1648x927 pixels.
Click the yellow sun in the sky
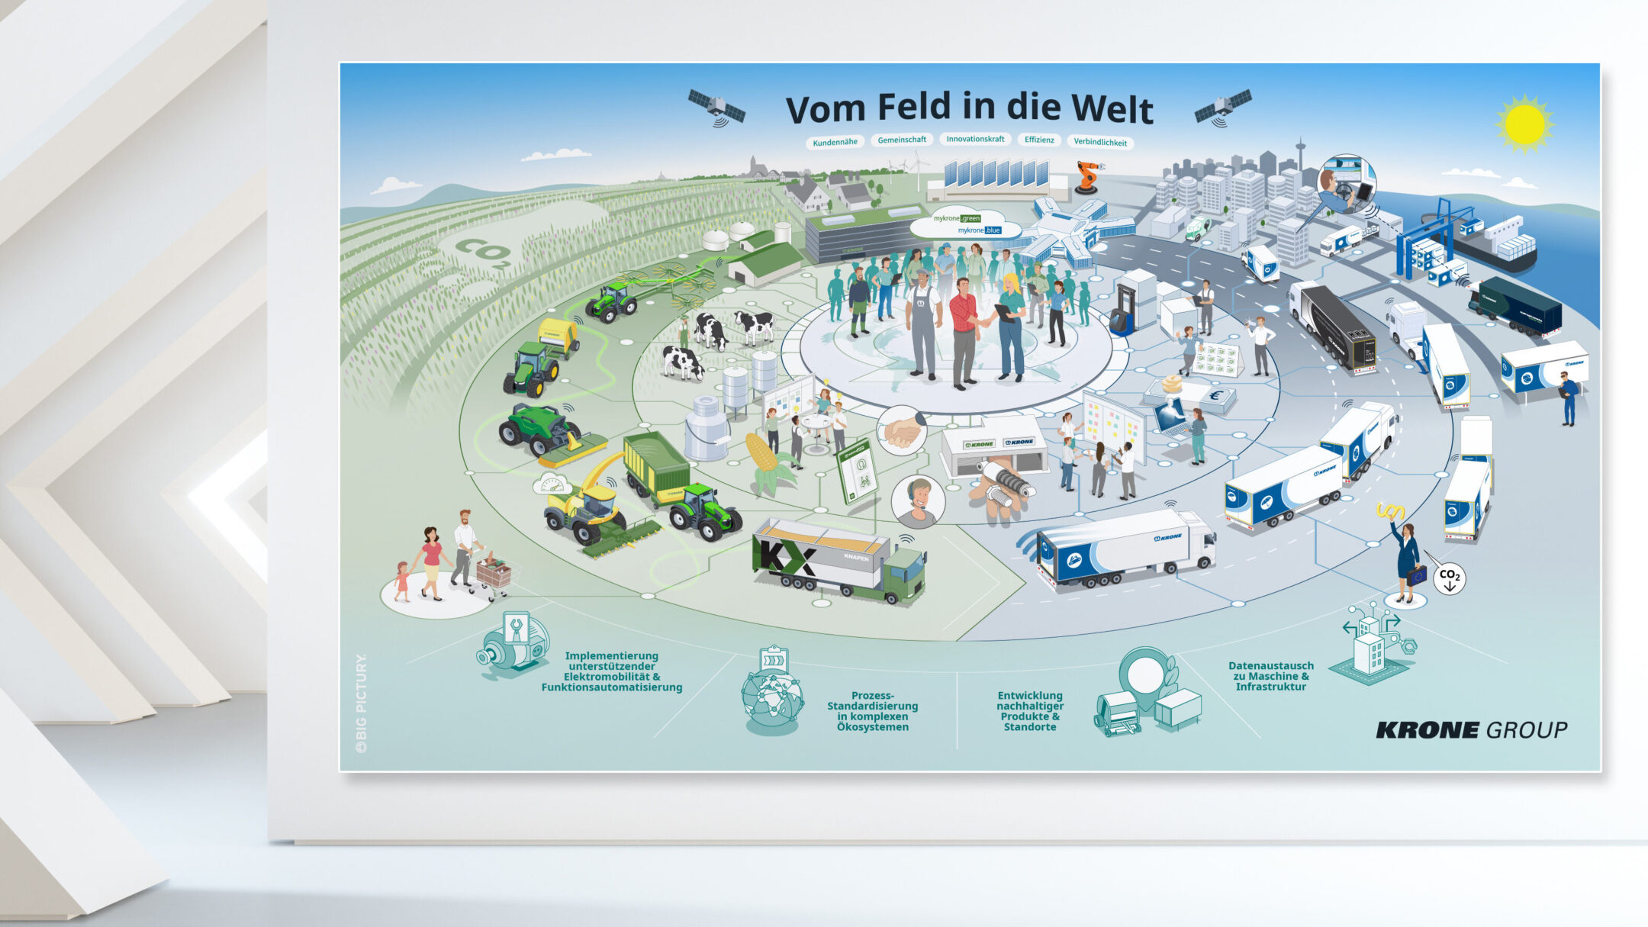[1524, 124]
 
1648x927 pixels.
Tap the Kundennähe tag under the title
[835, 142]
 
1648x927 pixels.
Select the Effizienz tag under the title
[1039, 140]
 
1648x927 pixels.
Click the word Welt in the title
[1112, 109]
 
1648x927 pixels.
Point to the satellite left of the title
[716, 108]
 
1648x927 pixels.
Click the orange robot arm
[1087, 176]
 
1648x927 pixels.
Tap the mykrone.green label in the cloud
[957, 218]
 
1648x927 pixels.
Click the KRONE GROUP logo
[1471, 730]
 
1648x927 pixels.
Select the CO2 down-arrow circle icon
[1449, 578]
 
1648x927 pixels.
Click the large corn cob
[764, 455]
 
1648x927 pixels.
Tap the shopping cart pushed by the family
[494, 573]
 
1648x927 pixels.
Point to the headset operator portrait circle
[918, 501]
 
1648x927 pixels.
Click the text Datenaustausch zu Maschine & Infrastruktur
[1271, 676]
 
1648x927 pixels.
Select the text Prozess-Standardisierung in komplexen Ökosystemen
[872, 711]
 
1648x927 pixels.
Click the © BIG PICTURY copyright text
[361, 703]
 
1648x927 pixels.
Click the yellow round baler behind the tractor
[558, 336]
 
